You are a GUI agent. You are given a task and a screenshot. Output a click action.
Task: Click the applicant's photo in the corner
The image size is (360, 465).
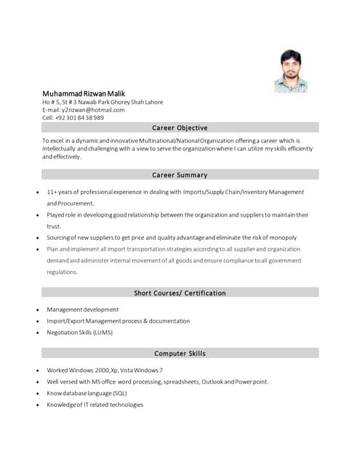291,71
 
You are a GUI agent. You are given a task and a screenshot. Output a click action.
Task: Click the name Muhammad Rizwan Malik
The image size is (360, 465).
84,94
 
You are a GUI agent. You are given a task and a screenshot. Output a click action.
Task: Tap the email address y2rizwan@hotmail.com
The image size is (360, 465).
92,110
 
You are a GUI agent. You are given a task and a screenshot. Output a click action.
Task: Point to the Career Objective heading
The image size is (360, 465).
180,128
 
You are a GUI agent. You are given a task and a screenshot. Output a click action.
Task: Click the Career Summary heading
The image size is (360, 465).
180,175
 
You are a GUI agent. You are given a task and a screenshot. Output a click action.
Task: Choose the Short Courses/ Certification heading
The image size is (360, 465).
180,294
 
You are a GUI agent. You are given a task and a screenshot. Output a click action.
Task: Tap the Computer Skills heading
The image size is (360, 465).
180,354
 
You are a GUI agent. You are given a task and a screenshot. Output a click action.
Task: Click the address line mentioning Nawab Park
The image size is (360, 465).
103,102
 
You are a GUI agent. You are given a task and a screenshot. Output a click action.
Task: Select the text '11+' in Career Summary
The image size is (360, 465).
52,192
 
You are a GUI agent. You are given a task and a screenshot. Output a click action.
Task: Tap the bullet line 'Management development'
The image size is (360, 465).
82,310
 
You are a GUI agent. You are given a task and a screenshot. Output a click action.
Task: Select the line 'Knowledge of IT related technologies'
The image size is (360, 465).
95,405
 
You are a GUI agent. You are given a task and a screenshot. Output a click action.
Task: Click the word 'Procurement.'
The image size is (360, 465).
71,203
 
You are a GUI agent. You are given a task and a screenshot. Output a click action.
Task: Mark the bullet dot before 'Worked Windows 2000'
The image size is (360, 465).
37,371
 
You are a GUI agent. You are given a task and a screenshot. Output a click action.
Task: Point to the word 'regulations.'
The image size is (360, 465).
62,272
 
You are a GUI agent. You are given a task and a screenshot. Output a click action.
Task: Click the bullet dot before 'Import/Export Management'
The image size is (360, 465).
37,321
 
